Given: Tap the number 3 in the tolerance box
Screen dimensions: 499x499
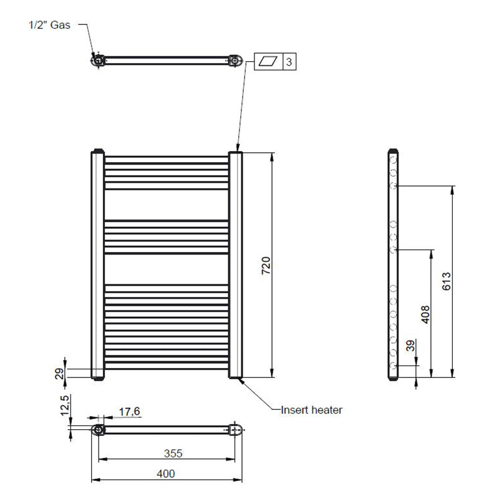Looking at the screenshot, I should pos(289,62).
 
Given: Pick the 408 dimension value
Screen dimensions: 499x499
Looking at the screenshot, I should pos(424,313).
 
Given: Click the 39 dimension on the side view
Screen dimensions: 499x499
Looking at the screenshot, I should pos(410,346).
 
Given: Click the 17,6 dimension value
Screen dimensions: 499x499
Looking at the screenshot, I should pos(130,411).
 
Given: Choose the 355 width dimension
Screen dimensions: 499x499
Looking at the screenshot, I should pos(165,453).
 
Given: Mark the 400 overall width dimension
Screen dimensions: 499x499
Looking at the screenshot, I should pos(165,474).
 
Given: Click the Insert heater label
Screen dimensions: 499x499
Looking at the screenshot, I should pos(311,410).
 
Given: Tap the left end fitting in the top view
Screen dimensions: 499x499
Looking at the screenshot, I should pos(99,61).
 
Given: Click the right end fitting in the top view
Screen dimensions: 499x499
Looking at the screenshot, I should pos(235,61).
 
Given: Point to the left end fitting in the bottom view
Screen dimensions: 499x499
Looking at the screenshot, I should pos(99,430).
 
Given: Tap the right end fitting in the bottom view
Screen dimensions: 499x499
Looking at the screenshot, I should pos(235,430).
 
